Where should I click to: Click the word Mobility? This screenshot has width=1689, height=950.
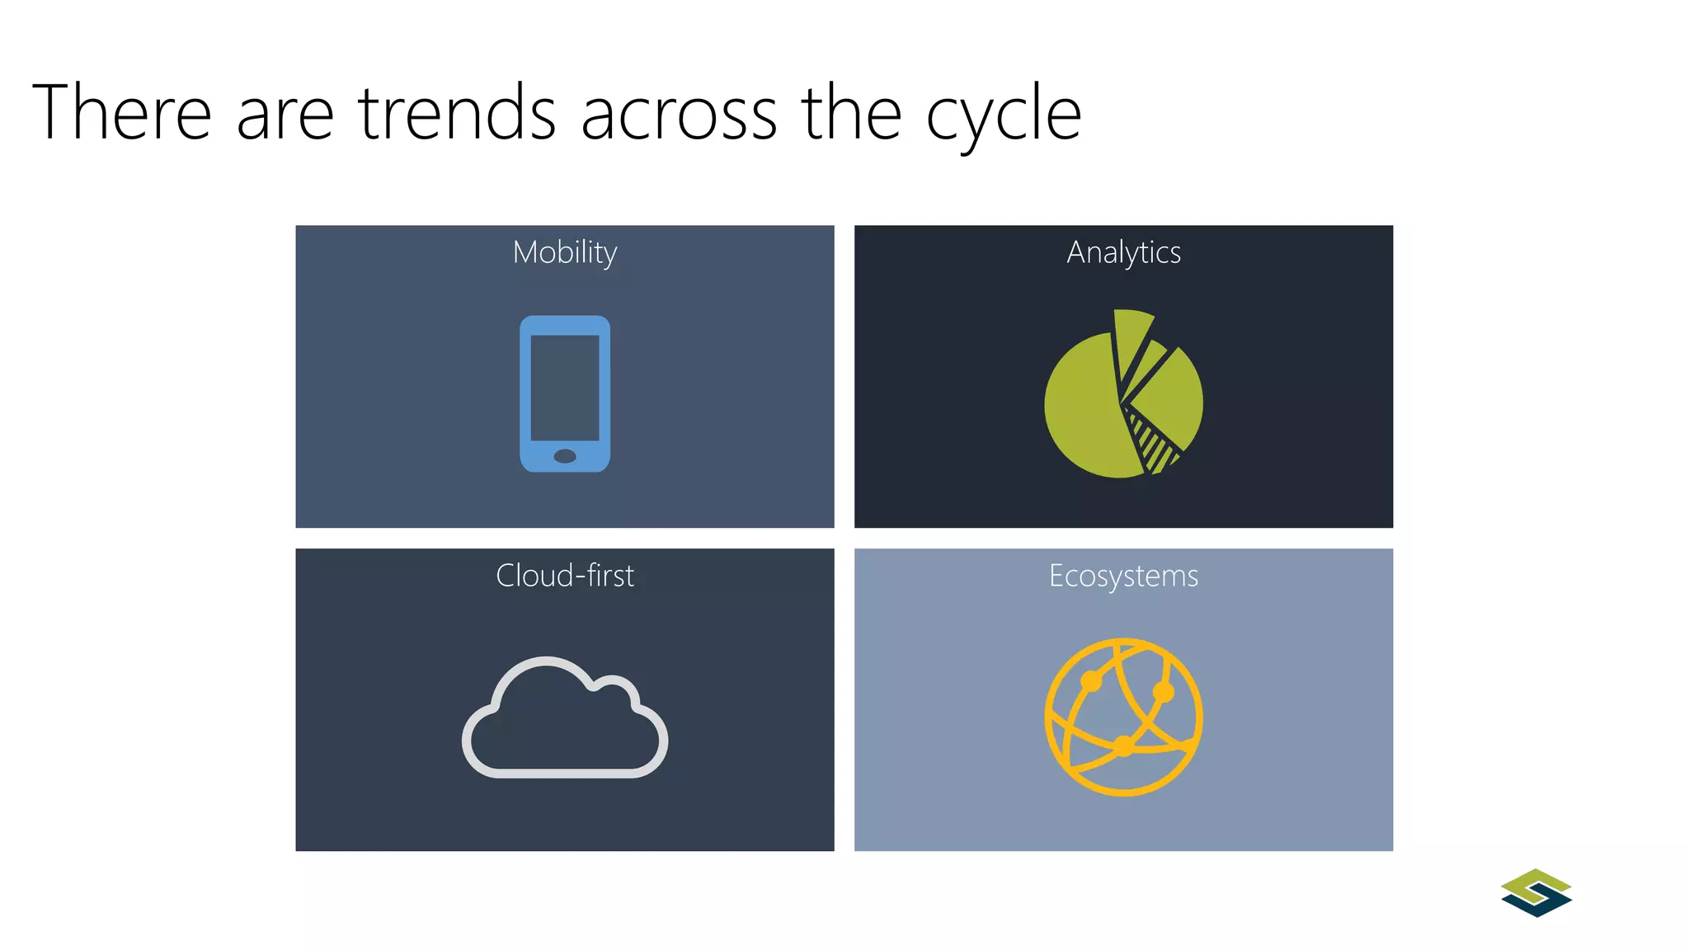[x=565, y=252]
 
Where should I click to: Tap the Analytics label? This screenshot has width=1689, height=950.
[x=1123, y=252]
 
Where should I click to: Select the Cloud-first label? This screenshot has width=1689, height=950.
[x=565, y=576]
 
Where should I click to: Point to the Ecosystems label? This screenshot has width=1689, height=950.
[x=1123, y=576]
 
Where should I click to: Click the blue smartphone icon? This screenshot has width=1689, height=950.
[x=565, y=393]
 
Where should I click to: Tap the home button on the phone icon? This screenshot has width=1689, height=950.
[x=565, y=456]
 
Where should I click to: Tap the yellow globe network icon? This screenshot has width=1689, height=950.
[x=1123, y=717]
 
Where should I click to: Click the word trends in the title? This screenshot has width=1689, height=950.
[x=457, y=113]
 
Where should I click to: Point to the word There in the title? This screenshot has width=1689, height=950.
[x=122, y=113]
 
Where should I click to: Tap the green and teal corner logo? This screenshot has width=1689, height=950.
[x=1536, y=892]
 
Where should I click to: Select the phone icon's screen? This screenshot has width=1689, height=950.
[x=565, y=388]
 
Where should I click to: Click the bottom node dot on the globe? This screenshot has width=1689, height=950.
[x=1124, y=747]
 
